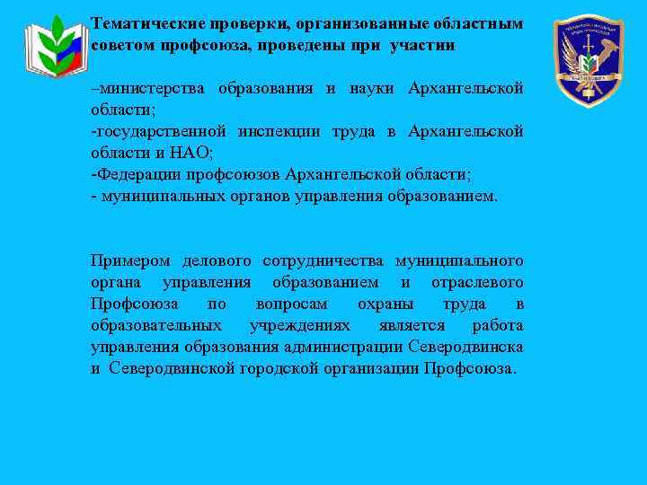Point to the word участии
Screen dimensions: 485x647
(x=422, y=44)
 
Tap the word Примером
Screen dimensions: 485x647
(x=130, y=261)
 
